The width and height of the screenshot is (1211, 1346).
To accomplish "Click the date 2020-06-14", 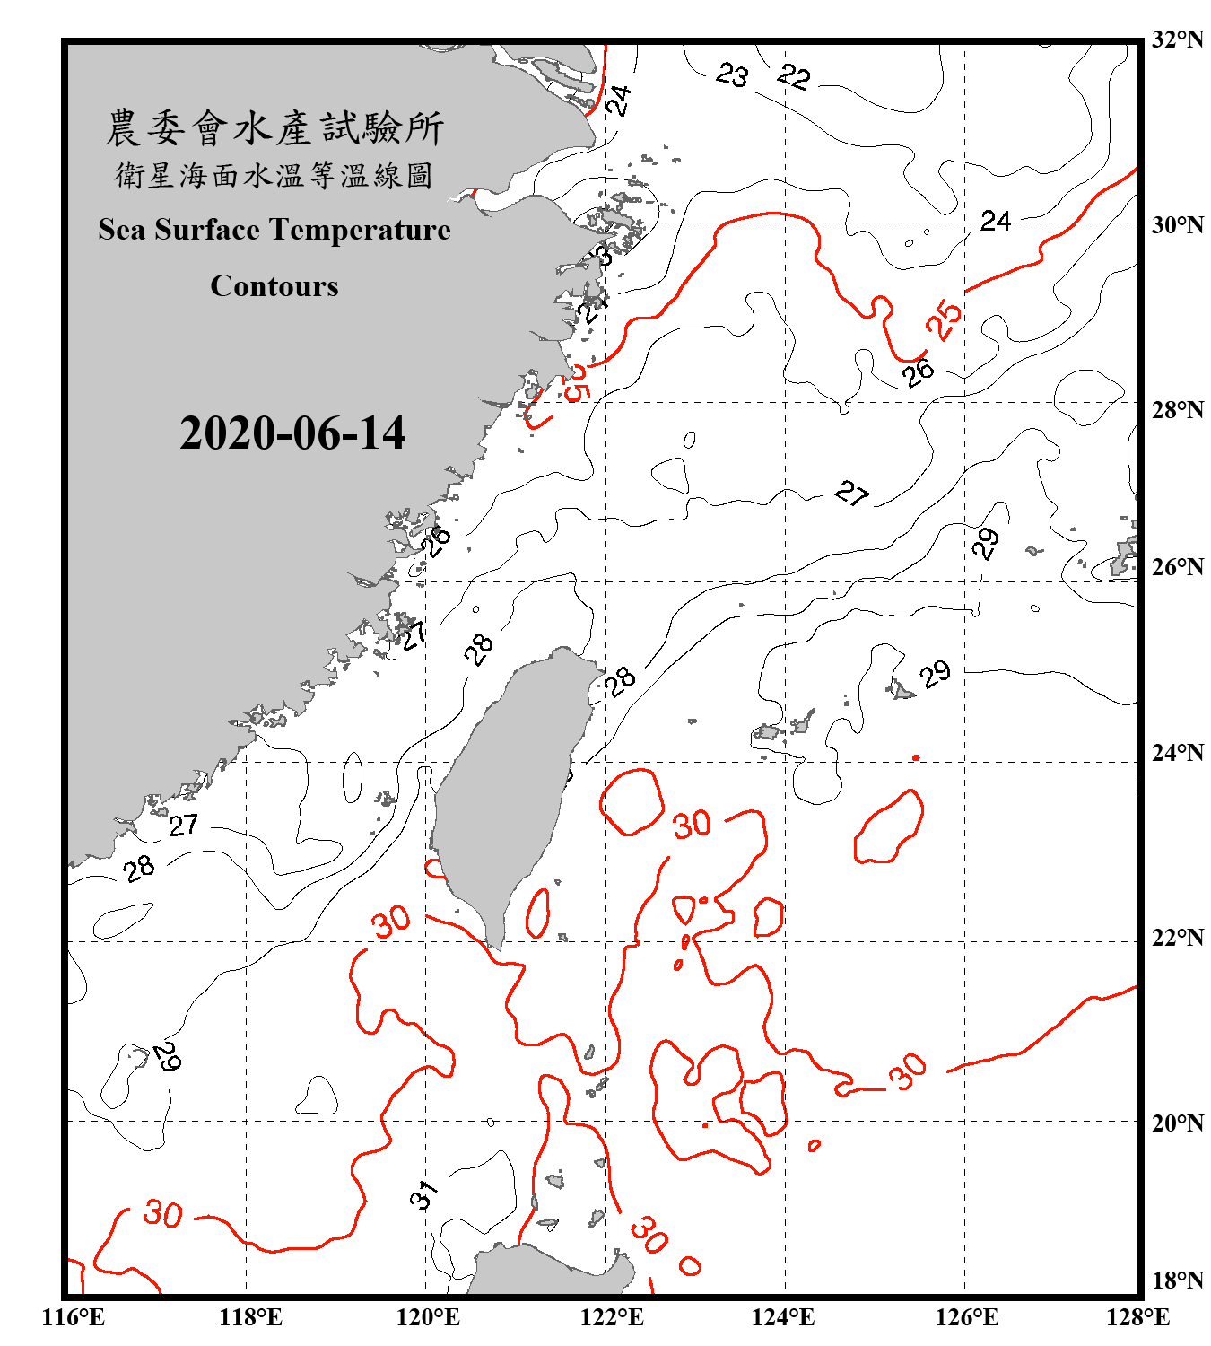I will pos(292,433).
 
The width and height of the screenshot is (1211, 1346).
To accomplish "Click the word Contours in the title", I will pos(274,286).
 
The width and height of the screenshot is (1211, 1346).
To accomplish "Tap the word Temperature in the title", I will pos(363,230).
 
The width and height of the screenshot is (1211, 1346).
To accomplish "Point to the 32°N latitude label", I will pos(1177,39).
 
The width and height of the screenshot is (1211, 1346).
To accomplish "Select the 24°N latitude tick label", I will pos(1177,752).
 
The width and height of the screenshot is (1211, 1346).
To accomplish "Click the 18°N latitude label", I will pos(1177,1280).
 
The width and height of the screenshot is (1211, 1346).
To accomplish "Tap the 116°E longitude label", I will pos(73,1317).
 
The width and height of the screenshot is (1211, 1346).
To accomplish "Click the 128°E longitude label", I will pos(1137,1317).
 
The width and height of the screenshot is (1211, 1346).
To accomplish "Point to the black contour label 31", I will pos(424,1194).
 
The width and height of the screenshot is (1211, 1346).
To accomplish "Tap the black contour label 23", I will pos(732,74).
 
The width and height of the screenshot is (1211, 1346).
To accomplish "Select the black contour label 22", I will pos(794,77).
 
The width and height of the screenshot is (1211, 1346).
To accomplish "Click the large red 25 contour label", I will pos(944,319).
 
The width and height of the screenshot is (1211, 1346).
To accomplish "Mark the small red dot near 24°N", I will pos(916,757).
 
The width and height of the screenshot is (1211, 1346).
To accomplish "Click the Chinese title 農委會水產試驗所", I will pos(274,127).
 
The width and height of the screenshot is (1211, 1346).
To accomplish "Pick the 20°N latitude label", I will pos(1177,1123).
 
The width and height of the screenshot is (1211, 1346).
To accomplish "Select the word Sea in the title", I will pos(123,230).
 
